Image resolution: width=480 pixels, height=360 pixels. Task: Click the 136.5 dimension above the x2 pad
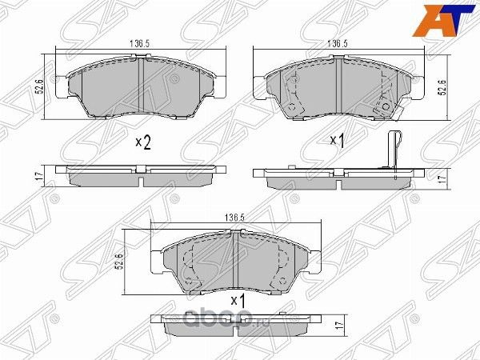point(141,45)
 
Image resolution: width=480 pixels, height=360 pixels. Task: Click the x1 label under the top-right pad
point(337,142)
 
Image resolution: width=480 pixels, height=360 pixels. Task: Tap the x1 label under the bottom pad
point(236,299)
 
